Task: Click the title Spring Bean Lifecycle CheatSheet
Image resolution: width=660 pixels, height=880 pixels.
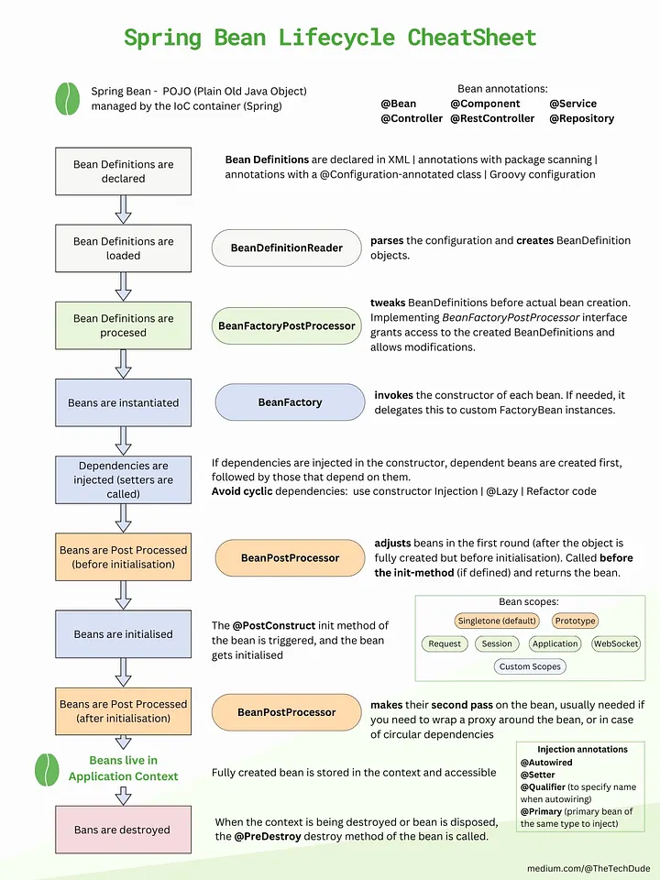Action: click(330, 38)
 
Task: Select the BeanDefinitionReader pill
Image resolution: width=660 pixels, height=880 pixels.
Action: click(287, 247)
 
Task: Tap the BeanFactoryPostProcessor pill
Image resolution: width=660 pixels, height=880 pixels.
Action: click(287, 325)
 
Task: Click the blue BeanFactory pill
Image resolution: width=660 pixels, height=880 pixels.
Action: click(290, 402)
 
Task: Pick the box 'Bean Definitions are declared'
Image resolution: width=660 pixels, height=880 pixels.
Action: click(124, 171)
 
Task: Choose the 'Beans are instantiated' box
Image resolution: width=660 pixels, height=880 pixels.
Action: click(124, 402)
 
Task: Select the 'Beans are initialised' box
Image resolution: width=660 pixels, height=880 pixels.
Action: click(124, 633)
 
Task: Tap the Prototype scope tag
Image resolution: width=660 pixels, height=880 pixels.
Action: click(575, 621)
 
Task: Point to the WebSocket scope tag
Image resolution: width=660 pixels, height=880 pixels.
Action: click(615, 643)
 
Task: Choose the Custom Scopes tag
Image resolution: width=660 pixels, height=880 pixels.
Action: click(530, 666)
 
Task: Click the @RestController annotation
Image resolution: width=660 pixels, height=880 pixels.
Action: click(492, 118)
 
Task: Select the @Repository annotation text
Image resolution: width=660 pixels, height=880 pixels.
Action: click(581, 118)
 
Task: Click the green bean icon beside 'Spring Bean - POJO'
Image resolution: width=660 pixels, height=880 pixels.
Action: click(68, 98)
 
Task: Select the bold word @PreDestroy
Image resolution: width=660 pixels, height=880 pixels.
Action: click(269, 836)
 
